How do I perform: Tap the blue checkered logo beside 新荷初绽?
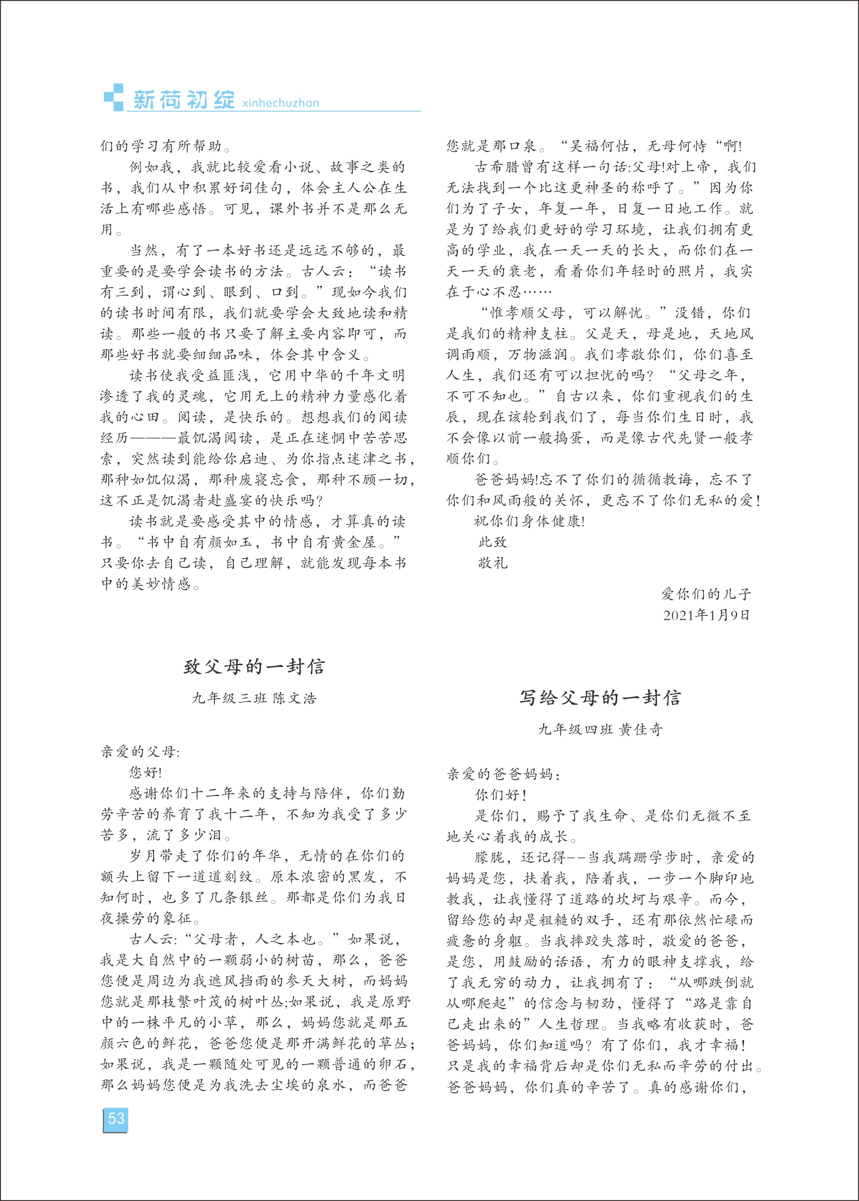click(114, 97)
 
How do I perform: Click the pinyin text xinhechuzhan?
click(280, 103)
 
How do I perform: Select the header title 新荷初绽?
click(184, 100)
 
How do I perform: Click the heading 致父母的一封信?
click(254, 667)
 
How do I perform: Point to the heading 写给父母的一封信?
click(600, 698)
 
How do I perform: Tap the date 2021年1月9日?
click(706, 615)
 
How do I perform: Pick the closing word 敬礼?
click(493, 563)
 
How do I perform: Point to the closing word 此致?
click(493, 542)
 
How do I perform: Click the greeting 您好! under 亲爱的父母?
click(145, 772)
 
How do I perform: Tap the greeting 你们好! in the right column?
click(500, 795)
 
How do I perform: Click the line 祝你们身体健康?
click(529, 521)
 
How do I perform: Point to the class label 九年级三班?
click(229, 698)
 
